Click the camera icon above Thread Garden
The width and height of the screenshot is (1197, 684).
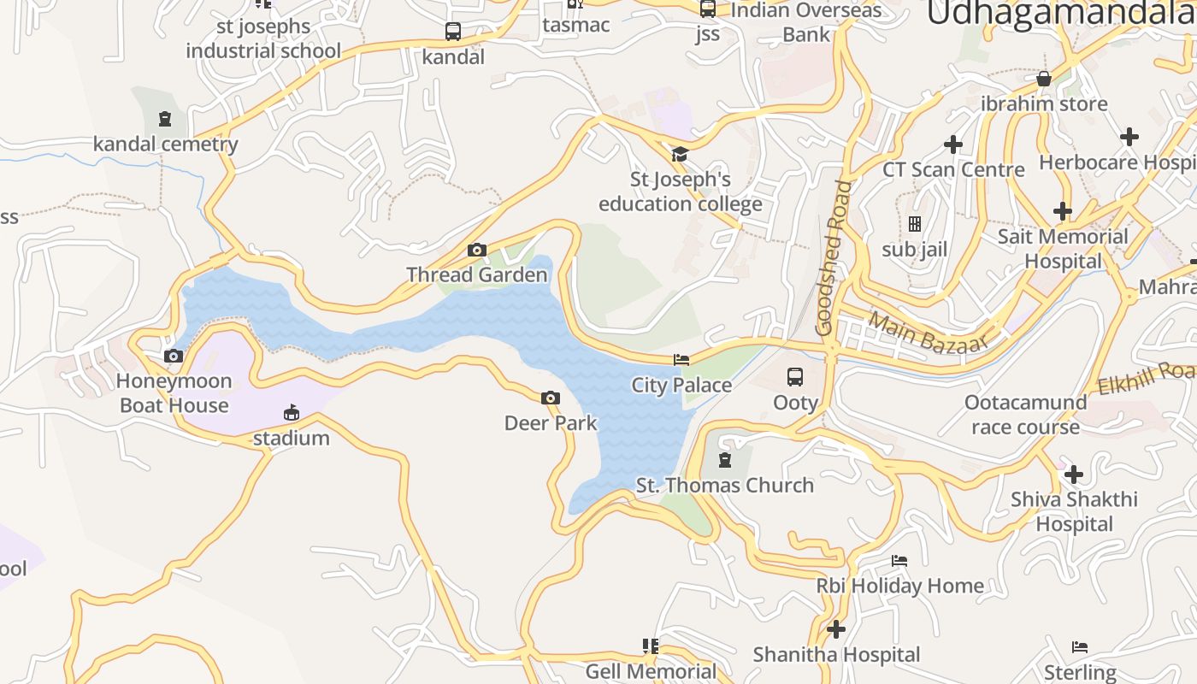[x=477, y=251]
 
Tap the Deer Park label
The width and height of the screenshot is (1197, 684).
[x=551, y=423]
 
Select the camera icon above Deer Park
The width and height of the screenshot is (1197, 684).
[x=551, y=398]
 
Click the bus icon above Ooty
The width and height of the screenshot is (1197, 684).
[x=795, y=377]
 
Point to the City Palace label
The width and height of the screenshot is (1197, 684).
[x=681, y=385]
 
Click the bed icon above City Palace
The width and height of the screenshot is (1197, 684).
[x=681, y=360]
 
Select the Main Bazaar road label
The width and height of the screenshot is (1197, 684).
[x=928, y=332]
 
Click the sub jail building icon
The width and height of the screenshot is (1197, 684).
[x=915, y=225]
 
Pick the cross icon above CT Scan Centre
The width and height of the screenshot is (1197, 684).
[x=952, y=144]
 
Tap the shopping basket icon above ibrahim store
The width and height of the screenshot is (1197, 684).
[x=1043, y=80]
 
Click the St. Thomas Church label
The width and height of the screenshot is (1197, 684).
[x=725, y=486]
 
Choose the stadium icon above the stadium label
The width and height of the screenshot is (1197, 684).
[x=292, y=414]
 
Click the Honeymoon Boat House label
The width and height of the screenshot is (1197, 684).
[x=174, y=393]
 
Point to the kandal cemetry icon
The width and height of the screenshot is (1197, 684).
[x=165, y=119]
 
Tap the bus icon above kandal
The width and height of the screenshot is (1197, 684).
[x=453, y=32]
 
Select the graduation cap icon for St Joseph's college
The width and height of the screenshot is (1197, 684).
[x=680, y=154]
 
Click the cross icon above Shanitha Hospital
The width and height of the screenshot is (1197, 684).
[x=835, y=630]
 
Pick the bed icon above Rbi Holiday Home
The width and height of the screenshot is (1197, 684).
[x=899, y=561]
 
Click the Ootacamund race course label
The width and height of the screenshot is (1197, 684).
[x=1025, y=414]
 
